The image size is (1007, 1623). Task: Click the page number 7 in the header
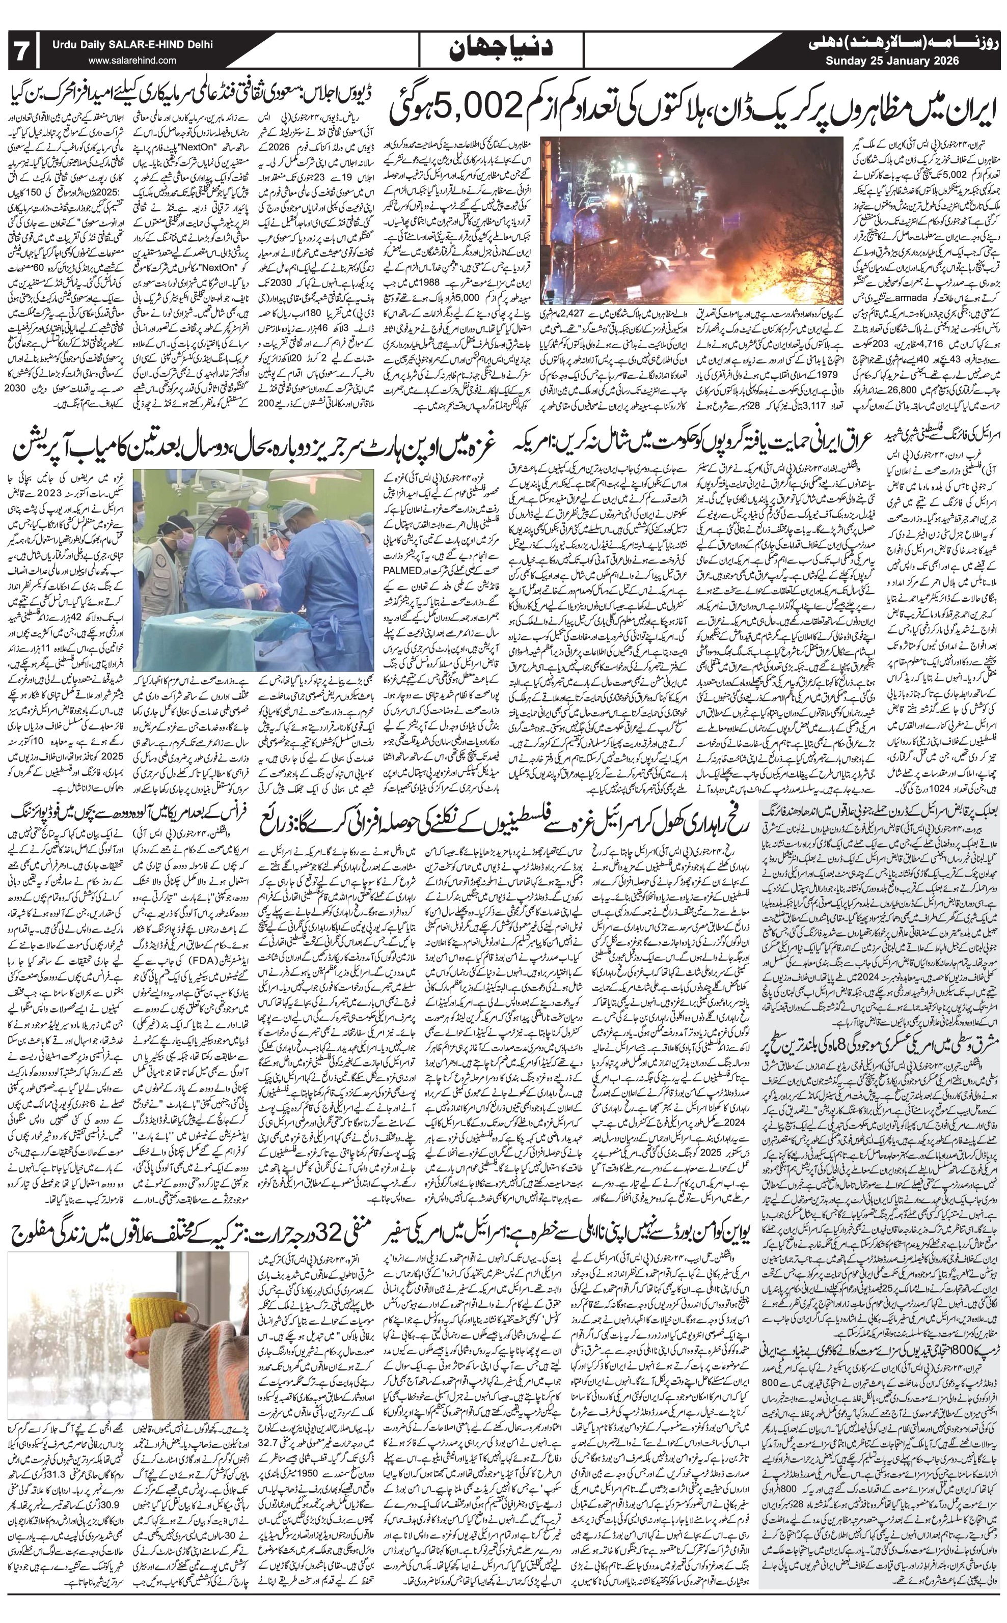(x=22, y=50)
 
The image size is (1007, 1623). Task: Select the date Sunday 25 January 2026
(x=892, y=61)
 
